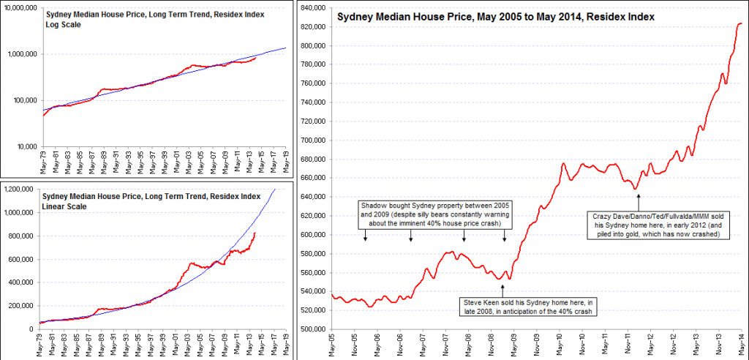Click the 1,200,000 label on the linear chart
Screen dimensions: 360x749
click(x=20, y=189)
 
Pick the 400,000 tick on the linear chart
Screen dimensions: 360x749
click(x=24, y=282)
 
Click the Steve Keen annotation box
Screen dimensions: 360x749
click(x=526, y=306)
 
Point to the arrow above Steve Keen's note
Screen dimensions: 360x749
click(x=502, y=290)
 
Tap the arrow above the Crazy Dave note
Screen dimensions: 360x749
click(x=639, y=201)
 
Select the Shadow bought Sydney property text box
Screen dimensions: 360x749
click(x=434, y=214)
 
